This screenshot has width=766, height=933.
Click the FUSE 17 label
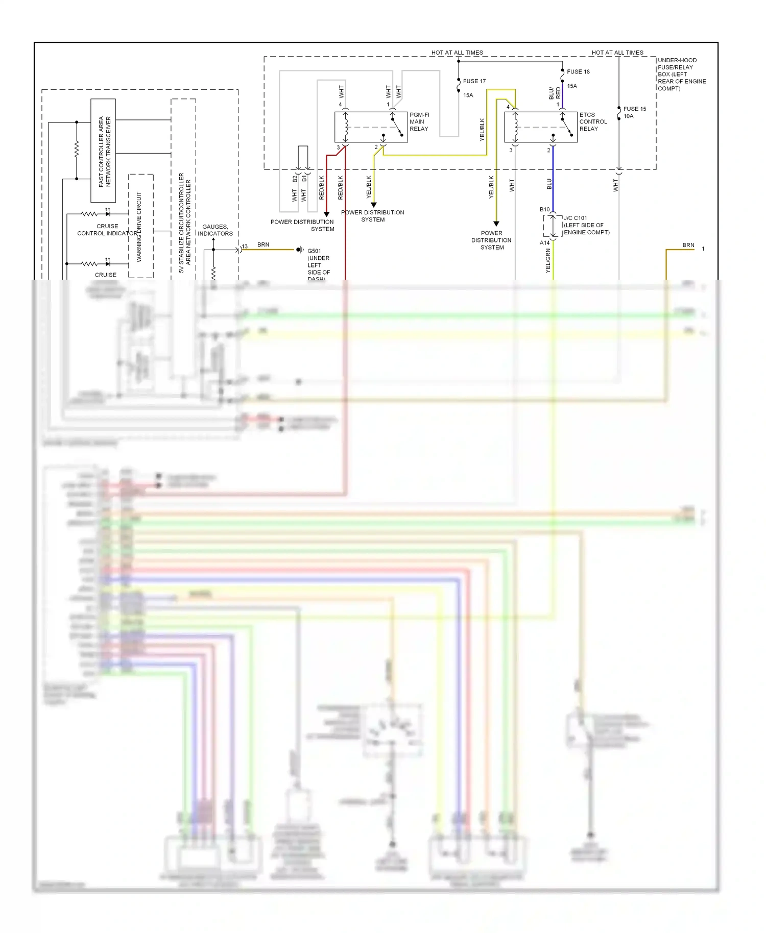click(474, 81)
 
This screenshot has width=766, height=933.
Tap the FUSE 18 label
click(578, 72)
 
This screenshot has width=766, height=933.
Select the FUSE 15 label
click(634, 109)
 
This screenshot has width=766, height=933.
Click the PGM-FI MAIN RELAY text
click(419, 122)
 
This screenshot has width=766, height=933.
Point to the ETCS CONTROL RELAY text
click(593, 122)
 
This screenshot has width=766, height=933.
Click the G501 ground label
click(314, 251)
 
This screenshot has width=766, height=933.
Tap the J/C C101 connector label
click(576, 218)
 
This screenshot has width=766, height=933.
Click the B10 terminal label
click(544, 210)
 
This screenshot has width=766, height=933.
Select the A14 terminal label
click(544, 243)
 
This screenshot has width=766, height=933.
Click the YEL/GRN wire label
click(548, 260)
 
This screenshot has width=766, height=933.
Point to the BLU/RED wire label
click(555, 93)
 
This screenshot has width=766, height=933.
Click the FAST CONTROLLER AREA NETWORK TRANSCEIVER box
click(104, 151)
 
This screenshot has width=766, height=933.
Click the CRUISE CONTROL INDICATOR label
click(107, 230)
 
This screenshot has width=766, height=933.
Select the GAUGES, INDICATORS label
click(215, 230)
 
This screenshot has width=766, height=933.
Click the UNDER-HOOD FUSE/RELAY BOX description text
click(682, 74)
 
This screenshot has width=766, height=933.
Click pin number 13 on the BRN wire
click(245, 247)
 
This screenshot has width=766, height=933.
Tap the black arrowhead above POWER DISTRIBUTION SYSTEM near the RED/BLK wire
click(327, 214)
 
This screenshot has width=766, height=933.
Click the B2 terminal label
click(295, 179)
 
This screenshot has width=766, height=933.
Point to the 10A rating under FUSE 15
click(628, 116)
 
